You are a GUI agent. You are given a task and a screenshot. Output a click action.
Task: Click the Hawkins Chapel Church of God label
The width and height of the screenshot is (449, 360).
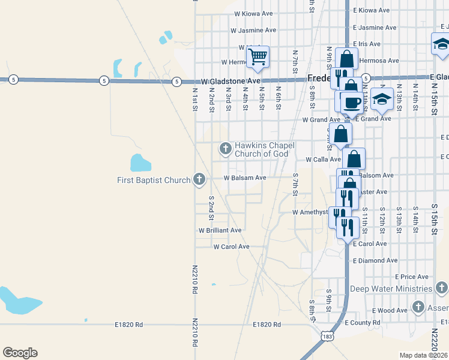pyautogui.click(x=262, y=149)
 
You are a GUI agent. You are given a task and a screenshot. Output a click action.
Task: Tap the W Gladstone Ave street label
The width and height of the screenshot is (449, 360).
pyautogui.click(x=231, y=80)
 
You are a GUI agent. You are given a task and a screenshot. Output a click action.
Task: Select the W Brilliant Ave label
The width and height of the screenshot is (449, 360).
pyautogui.click(x=220, y=230)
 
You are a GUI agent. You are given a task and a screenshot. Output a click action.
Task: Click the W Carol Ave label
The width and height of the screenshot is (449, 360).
pyautogui.click(x=231, y=247)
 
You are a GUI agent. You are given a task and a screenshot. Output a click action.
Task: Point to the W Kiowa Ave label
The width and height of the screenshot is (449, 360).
pyautogui.click(x=253, y=13)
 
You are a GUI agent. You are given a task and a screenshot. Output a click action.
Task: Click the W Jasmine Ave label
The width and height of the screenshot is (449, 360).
pyautogui.click(x=253, y=30)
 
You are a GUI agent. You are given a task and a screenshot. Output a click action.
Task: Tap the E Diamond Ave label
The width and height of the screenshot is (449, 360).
pyautogui.click(x=375, y=261)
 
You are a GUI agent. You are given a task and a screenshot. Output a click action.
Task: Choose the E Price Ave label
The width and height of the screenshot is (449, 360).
pyautogui.click(x=412, y=277)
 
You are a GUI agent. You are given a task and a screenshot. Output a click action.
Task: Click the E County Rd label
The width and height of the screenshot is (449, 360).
pyautogui.click(x=363, y=323)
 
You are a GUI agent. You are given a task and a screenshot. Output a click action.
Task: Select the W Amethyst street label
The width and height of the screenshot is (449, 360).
pyautogui.click(x=310, y=212)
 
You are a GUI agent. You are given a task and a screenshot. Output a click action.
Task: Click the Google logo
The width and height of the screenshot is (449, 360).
pyautogui.click(x=20, y=352)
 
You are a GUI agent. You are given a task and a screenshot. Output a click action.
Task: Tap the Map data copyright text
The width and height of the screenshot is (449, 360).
pyautogui.click(x=424, y=355)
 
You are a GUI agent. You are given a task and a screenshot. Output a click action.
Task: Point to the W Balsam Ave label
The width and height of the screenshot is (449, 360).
pyautogui.click(x=245, y=178)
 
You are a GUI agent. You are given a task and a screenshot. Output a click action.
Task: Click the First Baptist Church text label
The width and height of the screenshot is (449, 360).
pyautogui.click(x=153, y=180)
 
